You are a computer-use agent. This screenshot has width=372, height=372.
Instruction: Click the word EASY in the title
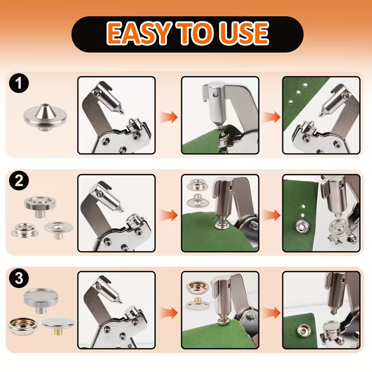[x=139, y=33]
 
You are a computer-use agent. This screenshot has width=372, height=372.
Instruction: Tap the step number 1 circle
[x=19, y=83]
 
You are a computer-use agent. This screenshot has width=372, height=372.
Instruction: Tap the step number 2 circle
[x=19, y=181]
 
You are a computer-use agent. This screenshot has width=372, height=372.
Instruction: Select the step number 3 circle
[x=19, y=278]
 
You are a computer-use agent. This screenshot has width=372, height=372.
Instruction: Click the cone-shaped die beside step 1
[x=45, y=117]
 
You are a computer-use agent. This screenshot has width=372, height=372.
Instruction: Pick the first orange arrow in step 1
[x=169, y=117]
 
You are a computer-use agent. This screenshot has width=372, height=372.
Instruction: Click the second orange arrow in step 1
[x=272, y=117]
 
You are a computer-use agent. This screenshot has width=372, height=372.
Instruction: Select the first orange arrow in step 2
[x=169, y=215]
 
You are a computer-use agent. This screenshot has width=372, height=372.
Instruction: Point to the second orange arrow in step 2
[x=272, y=215]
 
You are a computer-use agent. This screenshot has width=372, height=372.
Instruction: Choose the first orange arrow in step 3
[x=169, y=312]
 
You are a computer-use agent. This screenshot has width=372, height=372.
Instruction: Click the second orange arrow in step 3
[x=272, y=312]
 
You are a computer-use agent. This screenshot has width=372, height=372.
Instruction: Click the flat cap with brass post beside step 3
[x=59, y=325]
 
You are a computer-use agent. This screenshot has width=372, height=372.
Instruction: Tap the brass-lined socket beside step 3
[x=23, y=326]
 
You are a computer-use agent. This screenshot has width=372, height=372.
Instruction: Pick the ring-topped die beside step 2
[x=40, y=206]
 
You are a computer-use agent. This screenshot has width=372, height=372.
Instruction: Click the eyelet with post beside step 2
[x=59, y=229]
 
